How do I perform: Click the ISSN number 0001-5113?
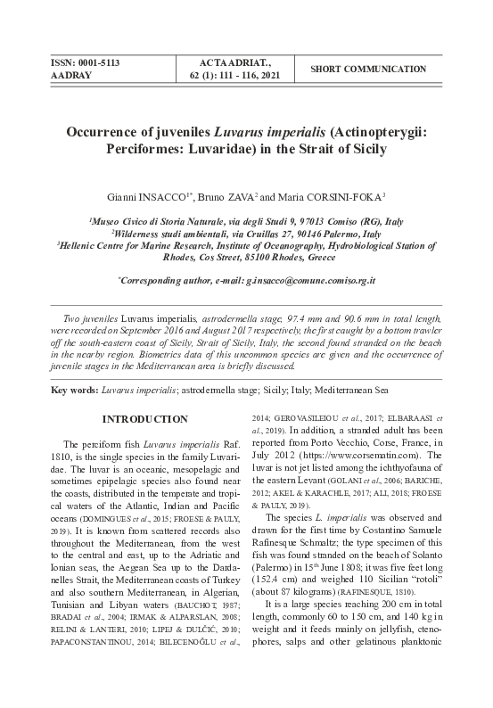[x=96, y=63]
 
